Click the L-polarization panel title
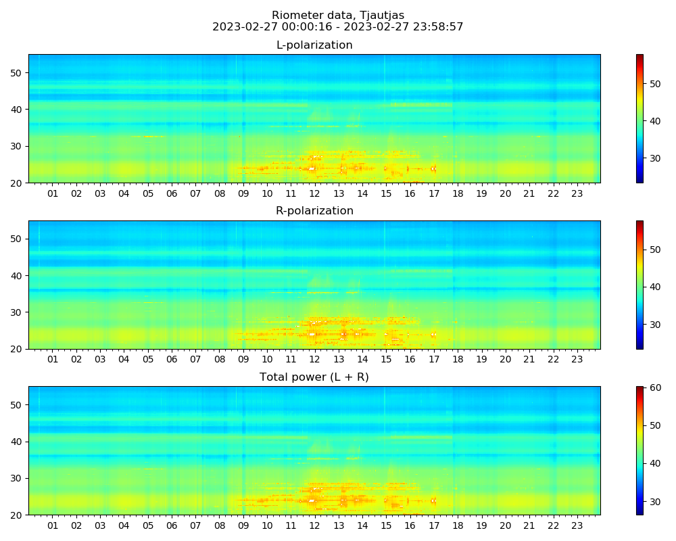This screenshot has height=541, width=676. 314,45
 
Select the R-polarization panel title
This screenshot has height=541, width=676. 314,211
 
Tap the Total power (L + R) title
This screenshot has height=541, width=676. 314,377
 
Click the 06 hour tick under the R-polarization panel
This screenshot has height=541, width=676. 172,360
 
